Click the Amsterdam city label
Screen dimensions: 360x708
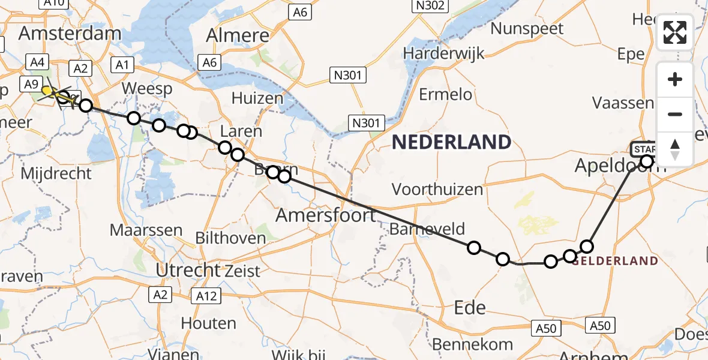70,33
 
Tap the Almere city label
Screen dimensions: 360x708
238,35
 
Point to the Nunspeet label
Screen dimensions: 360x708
527,28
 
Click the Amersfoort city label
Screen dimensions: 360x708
326,214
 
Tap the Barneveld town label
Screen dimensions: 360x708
427,229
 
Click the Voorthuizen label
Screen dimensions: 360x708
437,190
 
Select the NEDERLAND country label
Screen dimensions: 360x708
451,142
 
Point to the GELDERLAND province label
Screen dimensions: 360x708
615,261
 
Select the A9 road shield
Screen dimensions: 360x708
31,85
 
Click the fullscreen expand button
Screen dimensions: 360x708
675,33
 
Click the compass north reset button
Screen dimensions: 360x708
675,149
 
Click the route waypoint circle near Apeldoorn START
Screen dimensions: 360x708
647,161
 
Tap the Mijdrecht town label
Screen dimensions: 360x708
56,174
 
